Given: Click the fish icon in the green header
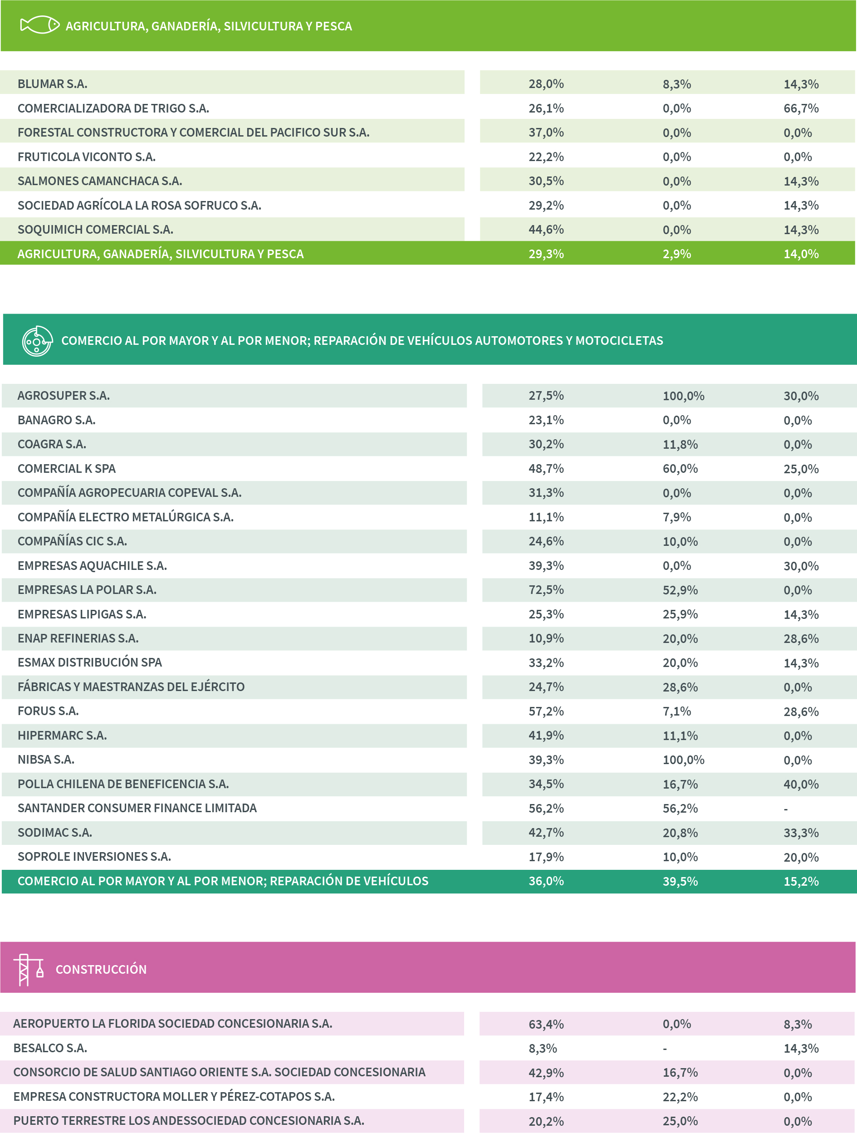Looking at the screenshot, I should coord(39,25).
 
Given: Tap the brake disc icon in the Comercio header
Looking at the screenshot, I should coord(37,341).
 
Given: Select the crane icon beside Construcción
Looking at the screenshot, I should coord(28,969).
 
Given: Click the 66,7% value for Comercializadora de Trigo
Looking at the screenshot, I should coord(801,108).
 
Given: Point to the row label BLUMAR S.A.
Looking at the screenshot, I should coord(52,84).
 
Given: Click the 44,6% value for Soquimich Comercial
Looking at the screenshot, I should coord(546,230).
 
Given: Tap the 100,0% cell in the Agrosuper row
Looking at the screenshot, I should coord(683,396).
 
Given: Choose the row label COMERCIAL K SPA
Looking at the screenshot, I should coord(67,469).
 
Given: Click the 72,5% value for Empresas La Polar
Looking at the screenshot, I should coord(546,590).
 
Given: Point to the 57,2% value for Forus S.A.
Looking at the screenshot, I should coord(546,711).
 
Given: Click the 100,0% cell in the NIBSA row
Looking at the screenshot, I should coord(683,760).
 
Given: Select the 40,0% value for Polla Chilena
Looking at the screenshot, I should coord(801,784).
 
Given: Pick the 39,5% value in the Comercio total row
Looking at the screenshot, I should coord(680,882).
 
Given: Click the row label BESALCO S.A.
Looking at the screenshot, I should coord(50,1049).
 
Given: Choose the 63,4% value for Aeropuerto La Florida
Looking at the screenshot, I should coord(546,1025).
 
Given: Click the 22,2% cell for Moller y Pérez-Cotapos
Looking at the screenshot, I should coord(680,1097).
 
